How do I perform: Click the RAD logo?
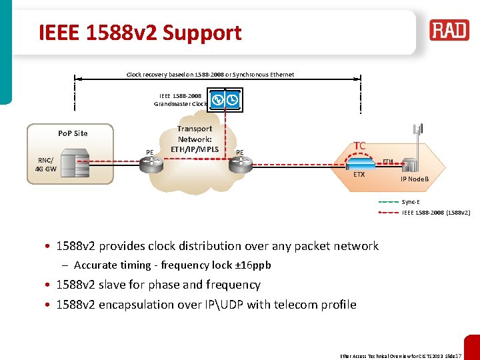point(449,30)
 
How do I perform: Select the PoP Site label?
point(73,133)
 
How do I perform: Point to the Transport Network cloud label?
point(195,139)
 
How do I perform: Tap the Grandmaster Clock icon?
point(225,101)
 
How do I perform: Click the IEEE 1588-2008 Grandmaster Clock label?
point(180,99)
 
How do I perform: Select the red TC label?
point(359,145)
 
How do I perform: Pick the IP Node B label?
point(414,180)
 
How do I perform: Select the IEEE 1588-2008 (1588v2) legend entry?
point(436,213)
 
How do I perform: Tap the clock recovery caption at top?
point(210,75)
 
